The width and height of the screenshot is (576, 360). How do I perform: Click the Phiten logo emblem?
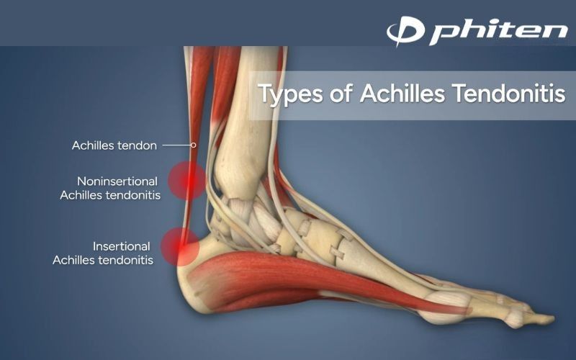tap(405, 30)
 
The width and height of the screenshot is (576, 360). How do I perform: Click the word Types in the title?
tap(291, 94)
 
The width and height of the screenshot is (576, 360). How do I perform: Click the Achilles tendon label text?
tap(114, 145)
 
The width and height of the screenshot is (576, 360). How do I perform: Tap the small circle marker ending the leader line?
tap(193, 145)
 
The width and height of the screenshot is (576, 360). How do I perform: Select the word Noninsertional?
tap(117, 181)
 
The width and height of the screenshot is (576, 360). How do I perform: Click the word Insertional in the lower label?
tap(121, 246)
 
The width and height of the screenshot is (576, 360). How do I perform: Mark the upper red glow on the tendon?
tap(187, 181)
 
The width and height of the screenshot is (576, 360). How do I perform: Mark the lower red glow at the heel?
tap(180, 246)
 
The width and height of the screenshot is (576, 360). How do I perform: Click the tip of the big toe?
tap(554, 318)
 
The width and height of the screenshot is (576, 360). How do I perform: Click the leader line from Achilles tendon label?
tap(176, 145)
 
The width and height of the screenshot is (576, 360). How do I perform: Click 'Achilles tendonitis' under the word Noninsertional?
tap(110, 195)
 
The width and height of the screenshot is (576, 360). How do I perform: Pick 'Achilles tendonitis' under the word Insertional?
tap(103, 260)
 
